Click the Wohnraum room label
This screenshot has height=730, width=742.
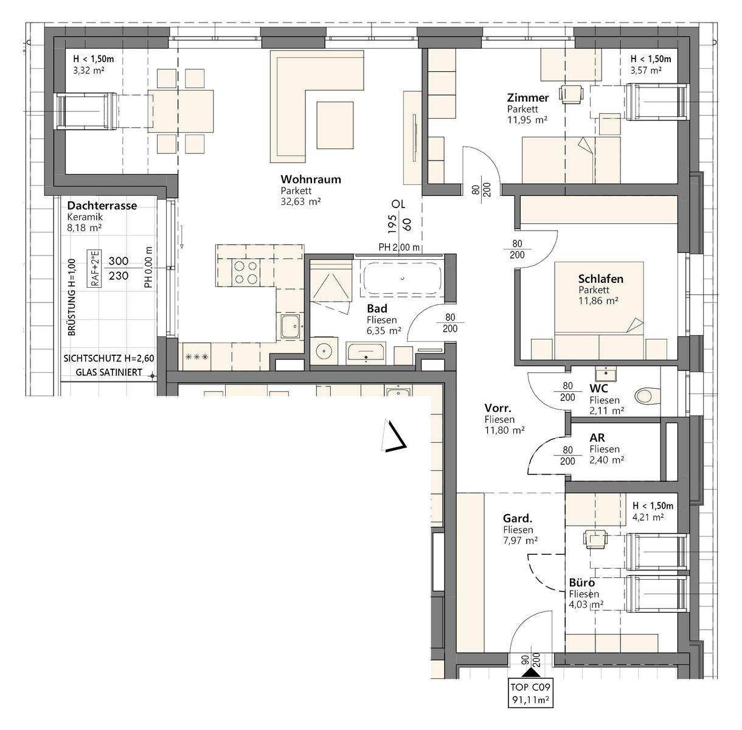click(311, 179)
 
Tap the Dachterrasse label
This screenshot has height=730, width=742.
click(102, 206)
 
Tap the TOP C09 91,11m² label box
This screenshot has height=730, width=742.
click(530, 693)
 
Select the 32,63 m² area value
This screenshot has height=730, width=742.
click(300, 201)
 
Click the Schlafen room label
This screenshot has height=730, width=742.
click(601, 279)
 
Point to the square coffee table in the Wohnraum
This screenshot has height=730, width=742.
click(335, 125)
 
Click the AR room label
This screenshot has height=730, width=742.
click(597, 438)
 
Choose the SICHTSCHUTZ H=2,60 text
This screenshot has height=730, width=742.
click(109, 358)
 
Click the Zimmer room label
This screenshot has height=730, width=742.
click(527, 98)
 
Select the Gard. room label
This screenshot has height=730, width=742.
click(518, 519)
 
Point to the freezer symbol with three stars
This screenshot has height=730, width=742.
click(197, 357)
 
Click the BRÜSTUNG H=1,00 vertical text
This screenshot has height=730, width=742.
click(72, 297)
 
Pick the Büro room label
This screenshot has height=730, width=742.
click(582, 583)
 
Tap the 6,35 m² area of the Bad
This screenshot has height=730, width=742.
click(384, 330)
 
